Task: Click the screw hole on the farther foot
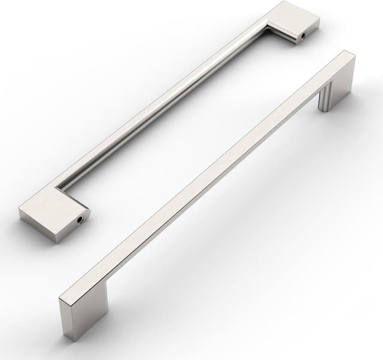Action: pyautogui.click(x=303, y=36)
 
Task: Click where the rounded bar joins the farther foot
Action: pyautogui.click(x=267, y=24)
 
